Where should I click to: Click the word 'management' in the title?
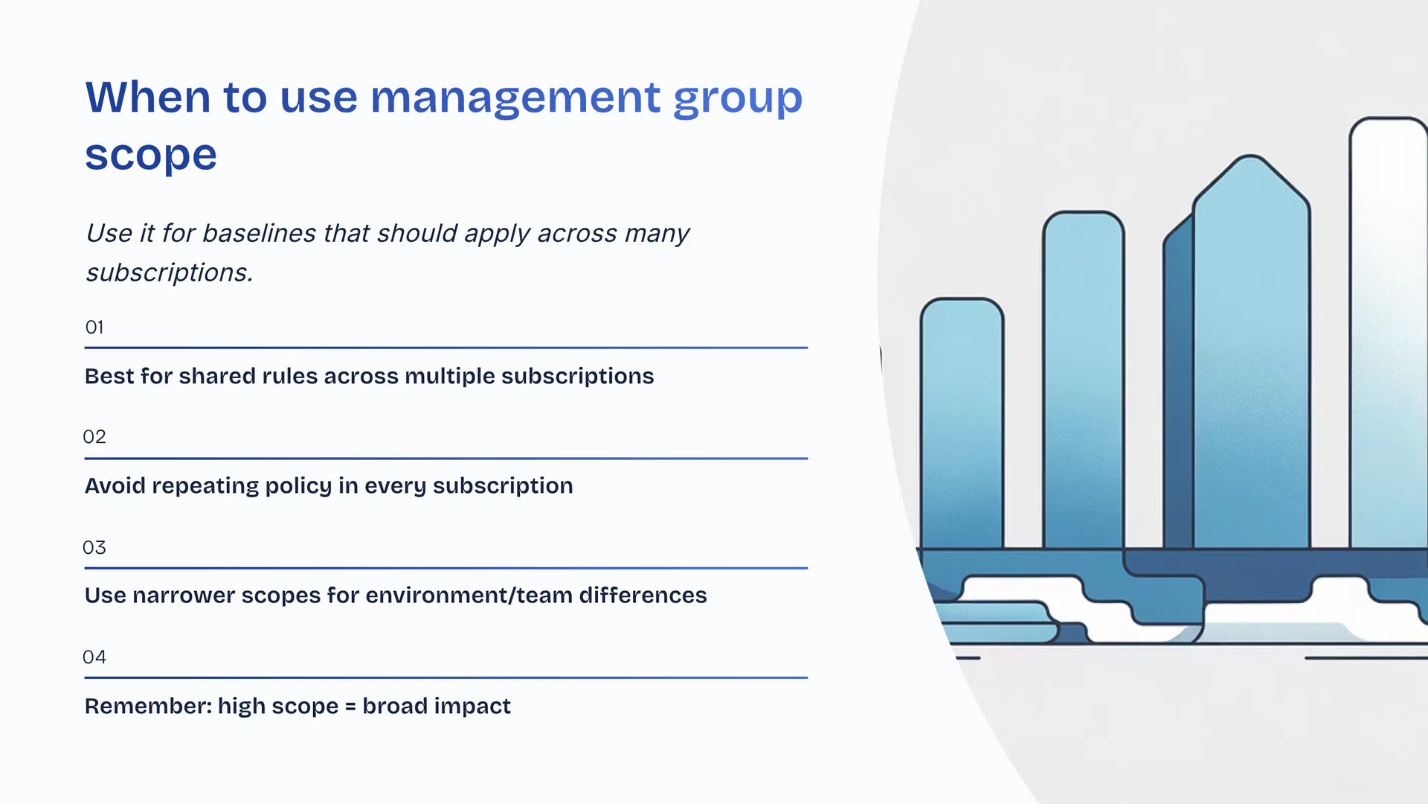(515, 98)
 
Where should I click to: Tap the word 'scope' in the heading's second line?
(151, 155)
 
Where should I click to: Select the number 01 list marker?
(94, 328)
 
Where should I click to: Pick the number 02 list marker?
(94, 437)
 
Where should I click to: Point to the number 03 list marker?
(94, 548)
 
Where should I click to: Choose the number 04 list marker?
(94, 657)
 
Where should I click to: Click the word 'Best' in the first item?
(109, 376)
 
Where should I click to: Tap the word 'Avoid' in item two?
(115, 485)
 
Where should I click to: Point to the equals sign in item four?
(350, 706)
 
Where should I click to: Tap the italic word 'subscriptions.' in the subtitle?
(170, 273)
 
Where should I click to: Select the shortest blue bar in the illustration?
(962, 424)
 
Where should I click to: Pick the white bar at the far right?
(1388, 335)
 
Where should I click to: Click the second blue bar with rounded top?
(1083, 380)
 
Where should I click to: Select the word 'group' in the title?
(737, 99)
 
